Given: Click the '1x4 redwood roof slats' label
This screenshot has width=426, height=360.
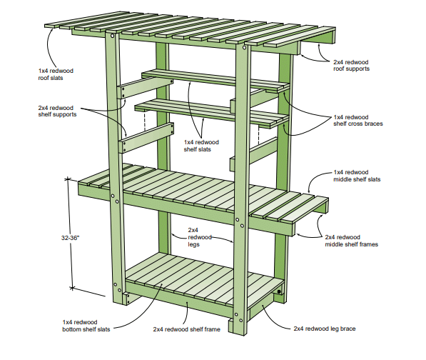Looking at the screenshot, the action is pos(56,74).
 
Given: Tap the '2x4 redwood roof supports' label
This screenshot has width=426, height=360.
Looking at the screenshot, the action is pos(351,66).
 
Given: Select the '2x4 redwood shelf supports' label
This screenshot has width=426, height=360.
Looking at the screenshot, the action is pos(57,111).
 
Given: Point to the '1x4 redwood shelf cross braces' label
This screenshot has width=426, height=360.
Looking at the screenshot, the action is pos(358,121).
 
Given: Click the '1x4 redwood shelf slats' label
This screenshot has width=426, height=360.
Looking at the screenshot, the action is pos(201,146).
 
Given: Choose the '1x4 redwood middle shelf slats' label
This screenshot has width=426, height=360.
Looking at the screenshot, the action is pos(357,176).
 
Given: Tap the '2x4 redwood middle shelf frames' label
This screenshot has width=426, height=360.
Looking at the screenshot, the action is pos(352,241).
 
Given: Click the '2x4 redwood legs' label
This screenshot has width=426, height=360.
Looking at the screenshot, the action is pos(200,237).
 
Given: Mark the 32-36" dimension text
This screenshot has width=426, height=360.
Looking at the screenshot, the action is pos(71,238).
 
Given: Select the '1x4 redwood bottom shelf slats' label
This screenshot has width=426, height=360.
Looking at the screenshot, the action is pos(86,326).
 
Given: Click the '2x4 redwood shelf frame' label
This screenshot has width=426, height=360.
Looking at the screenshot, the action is pos(187,329).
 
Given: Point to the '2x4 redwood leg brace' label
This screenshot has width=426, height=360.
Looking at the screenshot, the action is pos(325,329).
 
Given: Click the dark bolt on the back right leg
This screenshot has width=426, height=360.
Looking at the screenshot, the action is pos(279,291).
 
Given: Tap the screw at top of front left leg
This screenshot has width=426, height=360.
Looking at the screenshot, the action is pos(112,36).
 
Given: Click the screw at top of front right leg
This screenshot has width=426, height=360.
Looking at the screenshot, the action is pos(244,48).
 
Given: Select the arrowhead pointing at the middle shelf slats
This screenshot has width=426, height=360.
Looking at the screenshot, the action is pos(309,191).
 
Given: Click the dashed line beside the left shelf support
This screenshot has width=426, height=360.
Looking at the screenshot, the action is pos(145,121).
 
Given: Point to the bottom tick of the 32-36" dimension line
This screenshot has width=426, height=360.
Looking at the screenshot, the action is pos(72,287).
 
